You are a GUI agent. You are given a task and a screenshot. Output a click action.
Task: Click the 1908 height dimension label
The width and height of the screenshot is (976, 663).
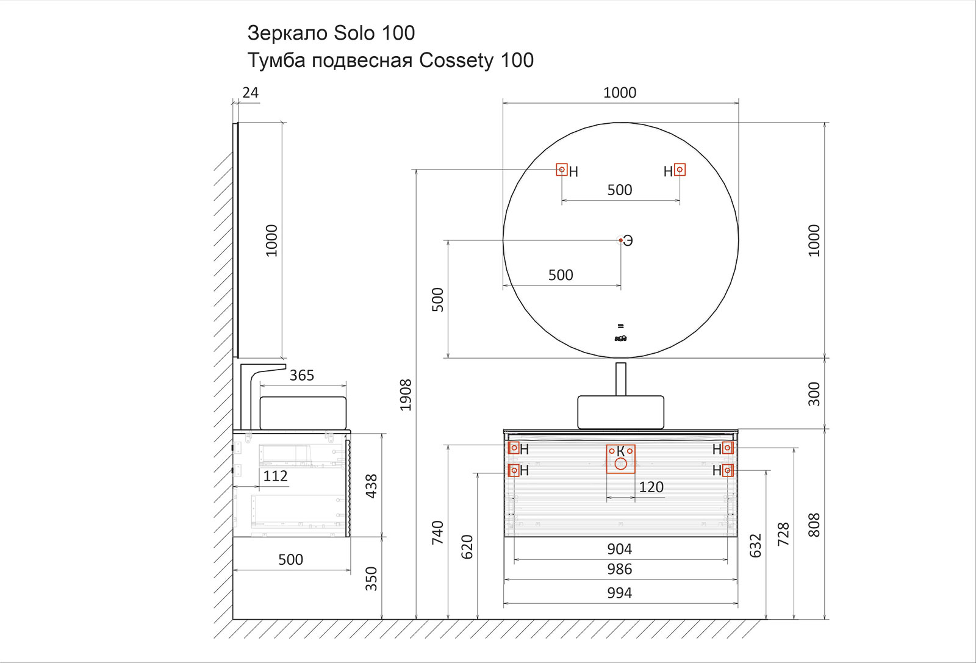coord(406,395)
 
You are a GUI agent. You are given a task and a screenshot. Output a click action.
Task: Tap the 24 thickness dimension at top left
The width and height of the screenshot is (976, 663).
coord(250,93)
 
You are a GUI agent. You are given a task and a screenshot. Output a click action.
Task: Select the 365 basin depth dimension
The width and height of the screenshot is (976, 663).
coord(302,375)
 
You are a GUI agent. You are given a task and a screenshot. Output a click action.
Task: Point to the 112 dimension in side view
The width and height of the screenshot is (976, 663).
coord(275,476)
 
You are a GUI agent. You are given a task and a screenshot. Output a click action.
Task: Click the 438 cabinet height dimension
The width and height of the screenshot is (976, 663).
coord(371,486)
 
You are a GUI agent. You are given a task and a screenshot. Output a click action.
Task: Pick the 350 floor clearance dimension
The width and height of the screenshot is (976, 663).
coord(371,578)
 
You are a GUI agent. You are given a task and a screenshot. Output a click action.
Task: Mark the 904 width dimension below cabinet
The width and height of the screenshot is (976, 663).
coord(619,549)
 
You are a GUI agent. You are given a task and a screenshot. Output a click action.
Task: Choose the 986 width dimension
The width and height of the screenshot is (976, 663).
coord(619,569)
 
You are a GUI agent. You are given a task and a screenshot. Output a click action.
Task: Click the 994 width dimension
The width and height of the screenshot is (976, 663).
coord(619,593)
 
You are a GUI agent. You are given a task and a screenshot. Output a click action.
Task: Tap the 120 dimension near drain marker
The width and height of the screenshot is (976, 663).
coord(651,487)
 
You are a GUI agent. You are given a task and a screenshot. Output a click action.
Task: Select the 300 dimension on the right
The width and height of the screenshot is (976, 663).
coord(814,394)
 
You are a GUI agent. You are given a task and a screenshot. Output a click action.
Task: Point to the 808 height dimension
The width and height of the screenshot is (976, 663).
coord(814,525)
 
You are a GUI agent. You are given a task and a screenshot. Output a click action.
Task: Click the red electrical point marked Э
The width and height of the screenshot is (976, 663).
coord(621,240)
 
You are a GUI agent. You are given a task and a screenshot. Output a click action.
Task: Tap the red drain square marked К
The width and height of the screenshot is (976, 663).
coord(620,459)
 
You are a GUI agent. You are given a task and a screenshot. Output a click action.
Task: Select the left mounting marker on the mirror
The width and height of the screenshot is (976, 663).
coord(562,170)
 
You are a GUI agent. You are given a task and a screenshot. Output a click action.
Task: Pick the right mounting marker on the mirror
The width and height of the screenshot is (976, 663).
coord(680,170)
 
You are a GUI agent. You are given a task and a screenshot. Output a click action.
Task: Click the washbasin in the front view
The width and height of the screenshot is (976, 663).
coord(620,412)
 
